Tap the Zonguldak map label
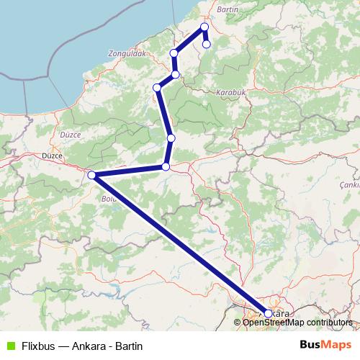coord(127,53)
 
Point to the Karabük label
coord(232,92)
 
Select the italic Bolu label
coord(109,198)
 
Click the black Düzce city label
coord(53,156)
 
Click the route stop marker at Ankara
coord(269,313)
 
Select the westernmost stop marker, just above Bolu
coord(91,175)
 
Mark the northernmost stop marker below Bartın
coord(204,27)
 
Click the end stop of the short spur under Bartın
coord(207,44)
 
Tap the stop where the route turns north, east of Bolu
coord(166,167)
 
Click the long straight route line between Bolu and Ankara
coord(180,244)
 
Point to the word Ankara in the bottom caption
coord(89,346)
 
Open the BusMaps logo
coord(325,346)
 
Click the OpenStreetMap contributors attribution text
coord(297,322)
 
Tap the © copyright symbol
coord(238,322)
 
